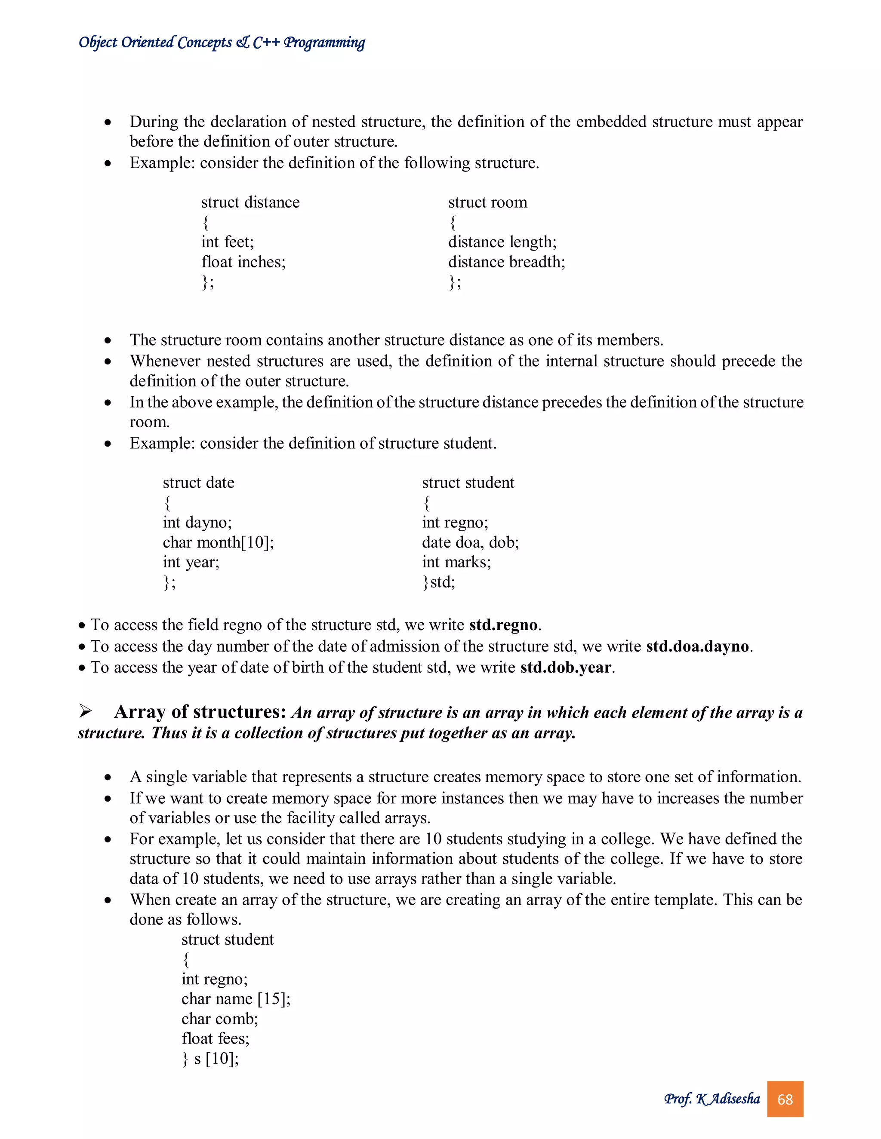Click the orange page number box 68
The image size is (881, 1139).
pos(785,1099)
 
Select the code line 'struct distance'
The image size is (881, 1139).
pos(250,202)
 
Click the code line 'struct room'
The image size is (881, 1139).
pos(487,202)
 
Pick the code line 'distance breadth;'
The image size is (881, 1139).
pos(506,262)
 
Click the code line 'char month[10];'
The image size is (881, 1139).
pos(218,542)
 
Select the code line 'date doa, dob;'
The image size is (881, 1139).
pos(470,542)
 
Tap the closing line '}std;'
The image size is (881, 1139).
pos(438,582)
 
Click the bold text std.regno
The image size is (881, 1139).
pos(503,625)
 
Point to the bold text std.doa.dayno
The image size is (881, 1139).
pos(698,646)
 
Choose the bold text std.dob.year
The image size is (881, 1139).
pos(565,667)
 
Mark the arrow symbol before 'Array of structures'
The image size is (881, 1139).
pos(86,711)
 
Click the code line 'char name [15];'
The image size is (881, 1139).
pos(236,999)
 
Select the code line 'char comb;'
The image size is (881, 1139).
pos(220,1019)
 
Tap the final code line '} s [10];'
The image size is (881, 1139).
pos(210,1059)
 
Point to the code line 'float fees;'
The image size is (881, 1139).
pos(216,1038)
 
